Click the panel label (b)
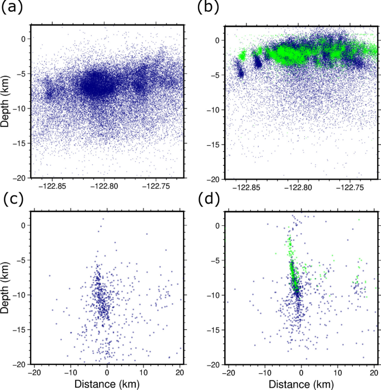pos(206,8)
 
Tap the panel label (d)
pos(206,198)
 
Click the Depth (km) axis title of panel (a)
pos(7,101)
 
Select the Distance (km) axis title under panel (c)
pos(107,383)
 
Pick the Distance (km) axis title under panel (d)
pos(300,383)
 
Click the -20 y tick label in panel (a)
pos(19,178)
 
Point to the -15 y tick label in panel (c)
pos(19,330)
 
